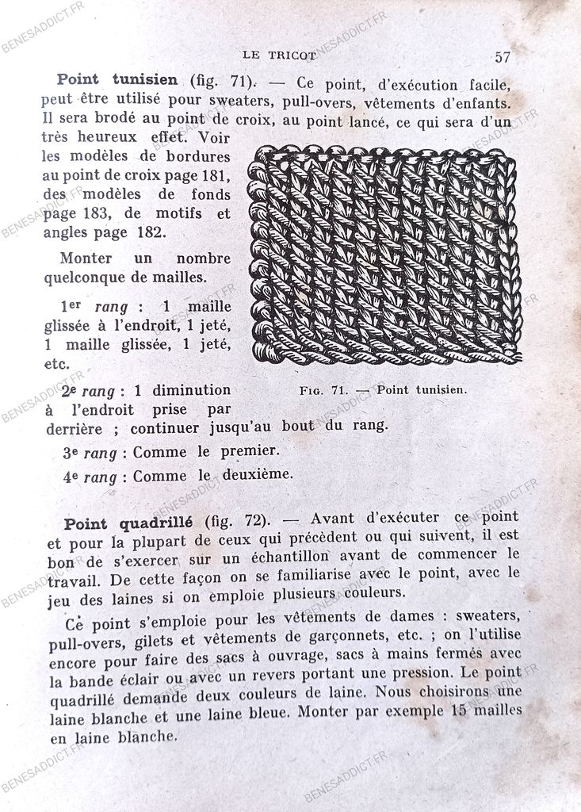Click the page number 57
pyautogui.click(x=502, y=57)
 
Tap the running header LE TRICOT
pyautogui.click(x=279, y=56)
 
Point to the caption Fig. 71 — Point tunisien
pyautogui.click(x=384, y=389)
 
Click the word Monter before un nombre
pyautogui.click(x=86, y=259)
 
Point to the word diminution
pyautogui.click(x=191, y=390)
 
